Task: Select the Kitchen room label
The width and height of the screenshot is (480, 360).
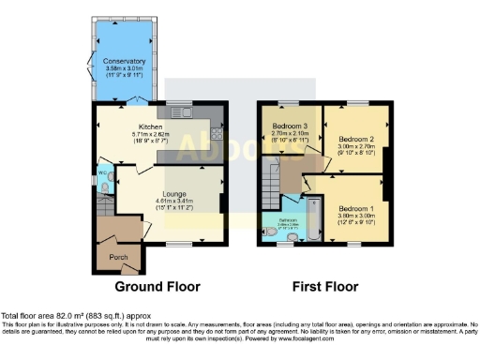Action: click(x=152, y=127)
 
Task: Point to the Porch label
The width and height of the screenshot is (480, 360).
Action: click(x=119, y=257)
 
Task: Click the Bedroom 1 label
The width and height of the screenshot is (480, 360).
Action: click(x=355, y=207)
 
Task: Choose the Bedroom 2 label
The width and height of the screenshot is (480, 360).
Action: click(x=355, y=137)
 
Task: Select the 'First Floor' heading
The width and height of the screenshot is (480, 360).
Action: click(x=326, y=287)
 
